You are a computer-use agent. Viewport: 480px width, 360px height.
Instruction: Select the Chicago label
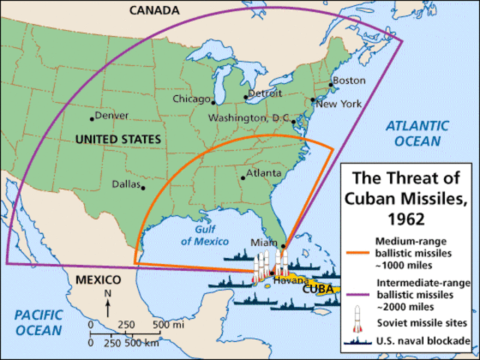192,99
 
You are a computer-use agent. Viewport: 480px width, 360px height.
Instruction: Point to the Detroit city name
265,94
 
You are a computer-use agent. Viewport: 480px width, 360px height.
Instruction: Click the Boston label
349,80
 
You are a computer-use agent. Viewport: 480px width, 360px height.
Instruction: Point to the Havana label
285,280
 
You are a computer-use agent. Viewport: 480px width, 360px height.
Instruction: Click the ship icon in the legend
359,343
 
